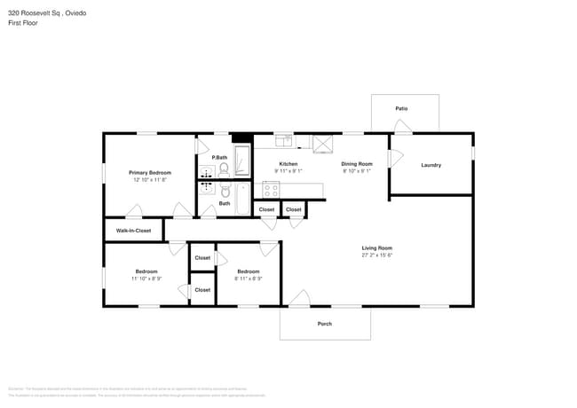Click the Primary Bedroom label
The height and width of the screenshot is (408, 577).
pyautogui.click(x=149, y=172)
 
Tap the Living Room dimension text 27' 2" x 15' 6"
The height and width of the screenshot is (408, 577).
pyautogui.click(x=376, y=255)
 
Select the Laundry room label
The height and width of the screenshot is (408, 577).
pyautogui.click(x=431, y=165)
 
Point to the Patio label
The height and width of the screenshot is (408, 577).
pyautogui.click(x=401, y=108)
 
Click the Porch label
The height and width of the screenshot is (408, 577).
pyautogui.click(x=325, y=324)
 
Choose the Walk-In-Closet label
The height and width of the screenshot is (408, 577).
pyautogui.click(x=133, y=231)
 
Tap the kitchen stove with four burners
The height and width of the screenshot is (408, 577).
pyautogui.click(x=271, y=190)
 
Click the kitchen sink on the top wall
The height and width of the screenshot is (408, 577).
pyautogui.click(x=284, y=139)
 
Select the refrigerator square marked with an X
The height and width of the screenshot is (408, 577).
pyautogui.click(x=321, y=144)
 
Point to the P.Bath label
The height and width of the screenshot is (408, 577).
pyautogui.click(x=218, y=157)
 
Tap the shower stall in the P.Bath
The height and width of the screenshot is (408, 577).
pyautogui.click(x=241, y=161)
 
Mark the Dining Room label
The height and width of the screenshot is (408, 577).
pyautogui.click(x=357, y=164)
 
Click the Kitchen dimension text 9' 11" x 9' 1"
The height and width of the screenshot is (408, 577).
pyautogui.click(x=288, y=171)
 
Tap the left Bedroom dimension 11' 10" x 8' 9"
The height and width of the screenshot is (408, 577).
pyautogui.click(x=146, y=279)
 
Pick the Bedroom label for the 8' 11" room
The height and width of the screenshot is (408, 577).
pyautogui.click(x=248, y=271)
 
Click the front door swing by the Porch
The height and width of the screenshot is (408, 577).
pyautogui.click(x=300, y=299)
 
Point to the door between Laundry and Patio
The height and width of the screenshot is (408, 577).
pyautogui.click(x=402, y=128)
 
